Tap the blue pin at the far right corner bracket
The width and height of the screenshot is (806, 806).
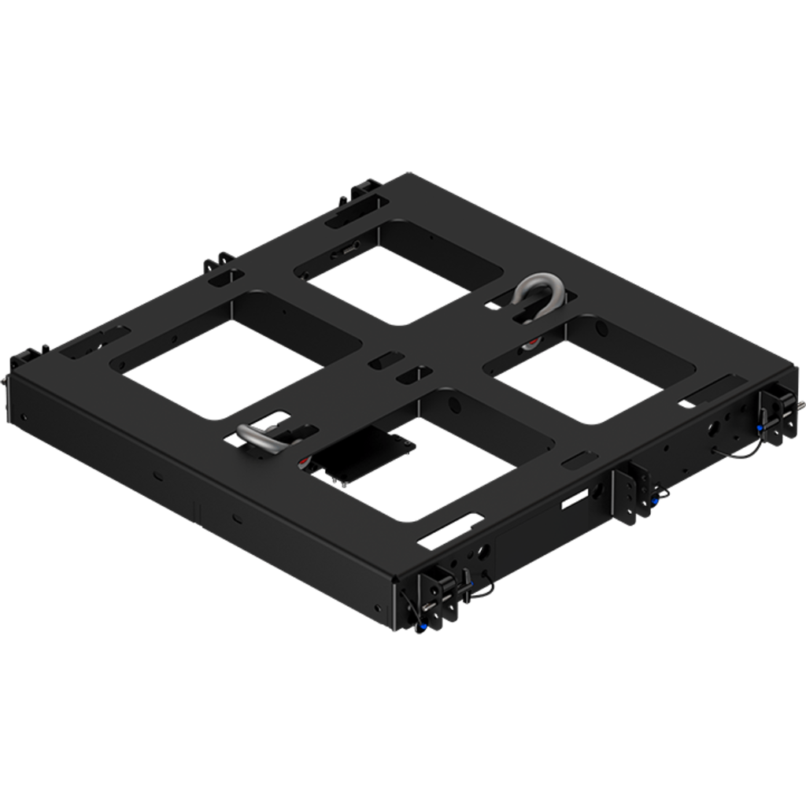click(x=760, y=428)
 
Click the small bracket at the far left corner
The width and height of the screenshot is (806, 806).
click(x=25, y=357)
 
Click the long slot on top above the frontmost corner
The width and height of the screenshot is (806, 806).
click(x=450, y=530)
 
